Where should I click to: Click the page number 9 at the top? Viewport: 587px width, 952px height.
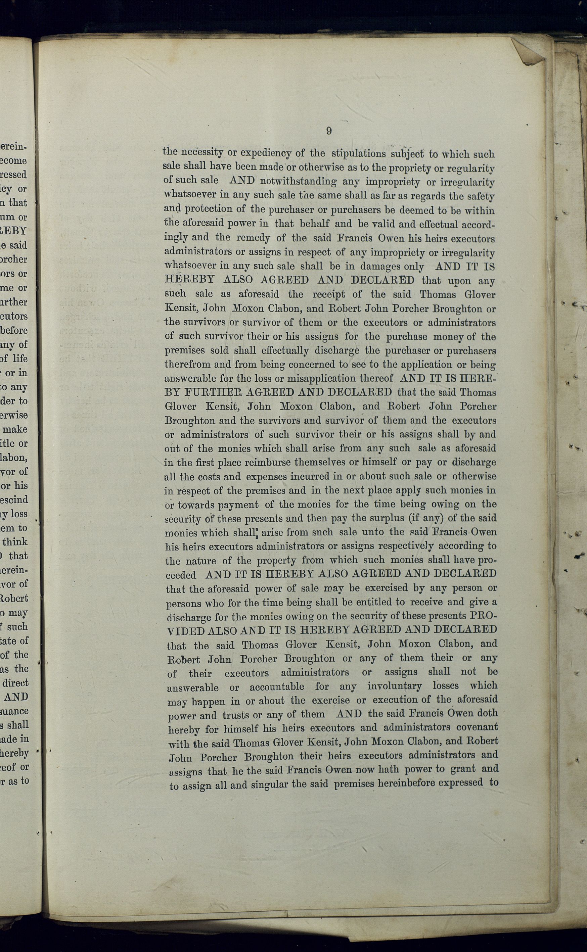pyautogui.click(x=329, y=131)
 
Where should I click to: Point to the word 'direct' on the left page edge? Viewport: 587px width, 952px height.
pyautogui.click(x=15, y=683)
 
